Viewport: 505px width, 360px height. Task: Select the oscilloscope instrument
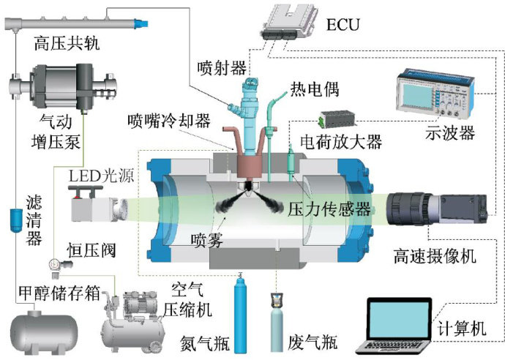pyautogui.click(x=432, y=94)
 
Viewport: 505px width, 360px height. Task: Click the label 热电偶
pyautogui.click(x=315, y=90)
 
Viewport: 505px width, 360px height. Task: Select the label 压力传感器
pyautogui.click(x=329, y=208)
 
